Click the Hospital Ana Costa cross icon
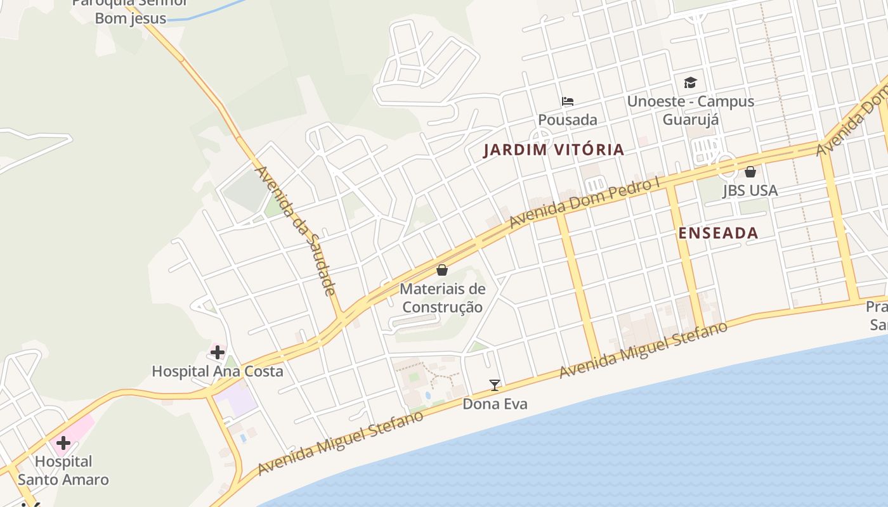[x=218, y=352]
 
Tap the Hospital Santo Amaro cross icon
[x=63, y=443]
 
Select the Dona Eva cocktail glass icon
[x=495, y=385]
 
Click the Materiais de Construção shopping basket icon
[x=442, y=270]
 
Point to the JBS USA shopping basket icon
[x=750, y=172]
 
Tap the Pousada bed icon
[x=568, y=101]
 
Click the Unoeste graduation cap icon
[x=690, y=82]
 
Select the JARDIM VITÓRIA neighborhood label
[x=554, y=150]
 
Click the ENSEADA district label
[x=718, y=233]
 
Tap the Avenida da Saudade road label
[x=294, y=231]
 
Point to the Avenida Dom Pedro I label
[x=585, y=203]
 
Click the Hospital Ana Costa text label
[x=218, y=371]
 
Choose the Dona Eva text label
[x=495, y=404]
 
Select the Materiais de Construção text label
[x=443, y=298]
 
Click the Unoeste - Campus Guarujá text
[x=690, y=110]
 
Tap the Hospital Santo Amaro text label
[x=63, y=470]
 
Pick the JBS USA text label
[x=750, y=191]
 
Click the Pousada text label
[x=568, y=120]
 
